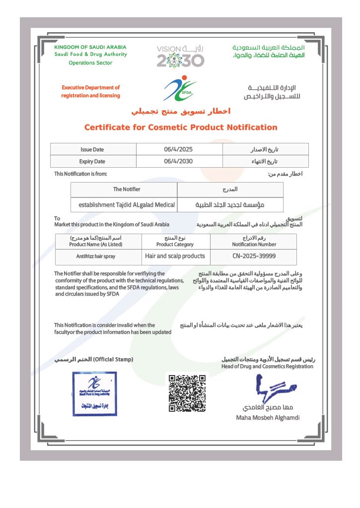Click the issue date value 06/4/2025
tap(178, 149)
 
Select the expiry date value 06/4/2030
tap(178, 161)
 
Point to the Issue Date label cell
tap(92, 149)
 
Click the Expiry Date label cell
tap(92, 161)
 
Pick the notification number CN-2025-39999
tap(254, 256)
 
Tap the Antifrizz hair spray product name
tap(98, 256)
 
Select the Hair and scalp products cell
tap(175, 256)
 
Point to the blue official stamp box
tap(94, 393)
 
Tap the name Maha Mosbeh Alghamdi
tap(268, 417)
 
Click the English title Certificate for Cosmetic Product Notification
tap(180, 127)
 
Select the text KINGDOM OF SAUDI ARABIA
tap(90, 47)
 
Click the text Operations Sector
tap(90, 63)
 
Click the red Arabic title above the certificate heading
tap(180, 111)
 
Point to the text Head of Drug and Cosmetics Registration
tap(267, 366)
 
